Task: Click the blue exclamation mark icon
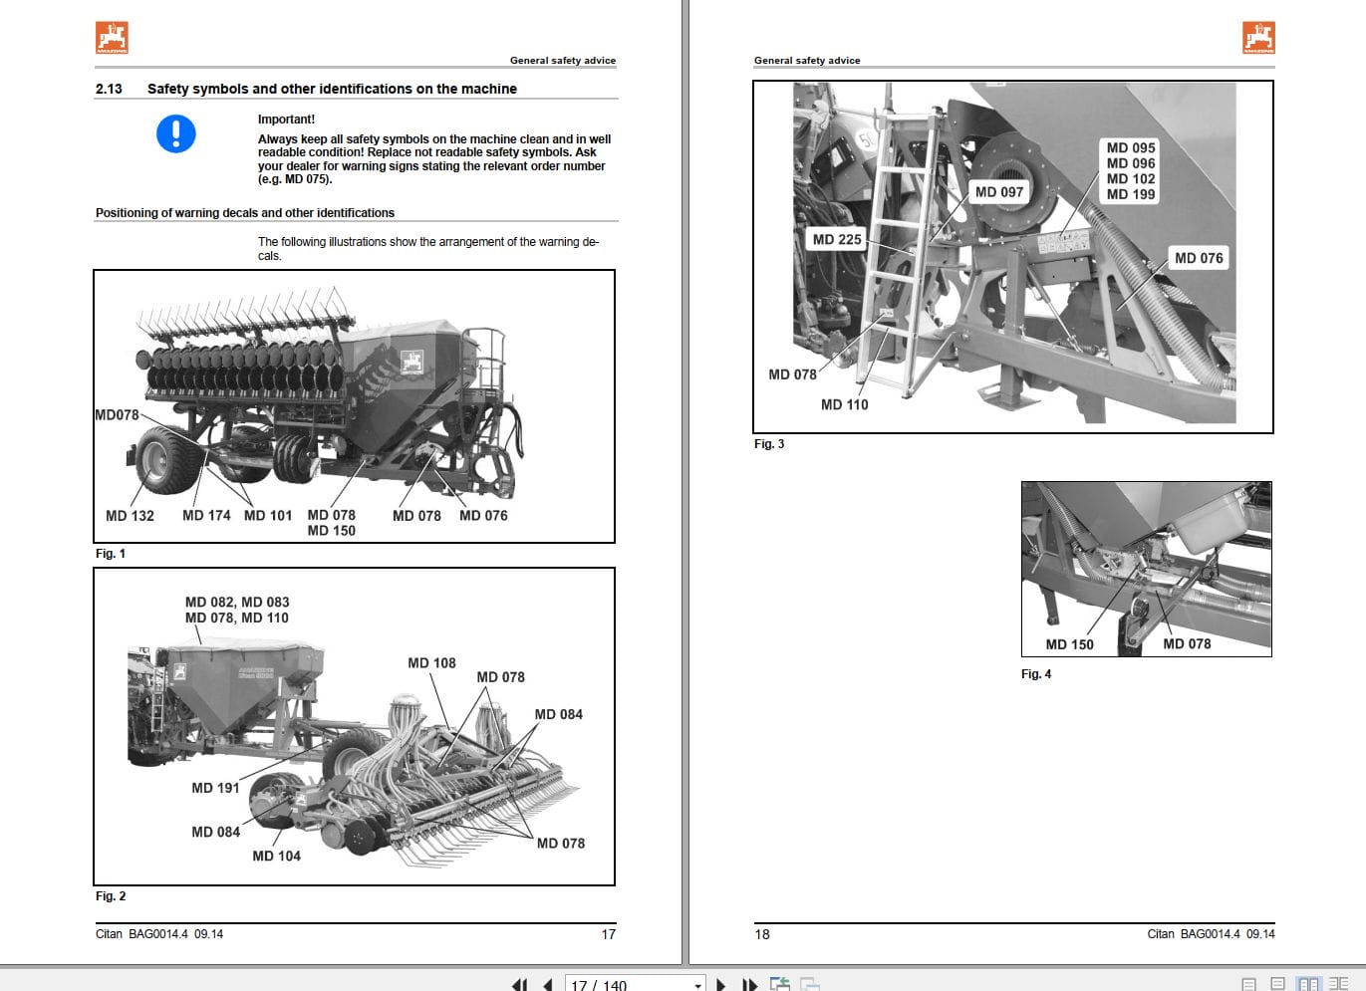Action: coord(176,133)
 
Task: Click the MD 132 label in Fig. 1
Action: coord(130,516)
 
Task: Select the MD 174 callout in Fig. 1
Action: coord(206,516)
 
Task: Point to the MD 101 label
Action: coord(268,516)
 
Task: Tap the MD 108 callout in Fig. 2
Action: coord(431,663)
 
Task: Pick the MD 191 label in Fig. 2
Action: coord(215,788)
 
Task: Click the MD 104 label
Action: coord(276,856)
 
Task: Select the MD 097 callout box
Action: coord(998,192)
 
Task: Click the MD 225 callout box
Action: coord(837,240)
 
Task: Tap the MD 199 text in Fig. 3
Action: coord(1131,195)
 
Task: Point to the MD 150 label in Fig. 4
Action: coord(1069,645)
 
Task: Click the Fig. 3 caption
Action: coord(769,444)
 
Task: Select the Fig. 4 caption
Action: coord(1036,674)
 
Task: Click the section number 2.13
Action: coord(109,89)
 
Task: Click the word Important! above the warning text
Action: coord(286,120)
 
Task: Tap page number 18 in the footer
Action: coord(762,934)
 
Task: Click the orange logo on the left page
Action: coord(112,37)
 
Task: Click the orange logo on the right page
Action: coord(1258,37)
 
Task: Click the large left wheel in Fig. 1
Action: coord(160,459)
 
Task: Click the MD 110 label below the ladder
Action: coord(844,405)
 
